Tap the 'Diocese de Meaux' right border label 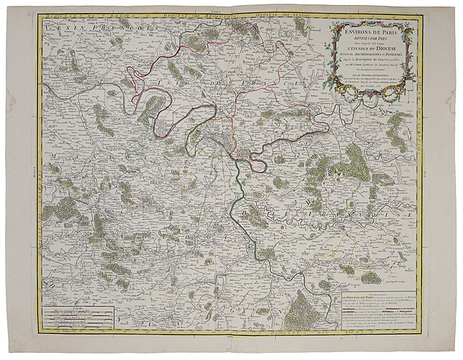click(x=422, y=145)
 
